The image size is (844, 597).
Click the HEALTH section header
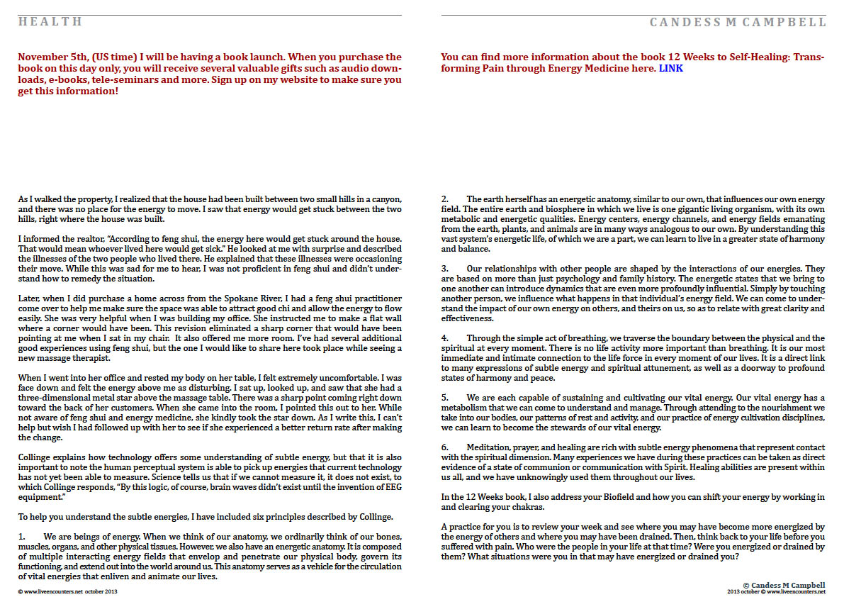pos(50,22)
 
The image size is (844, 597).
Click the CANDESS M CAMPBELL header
pos(738,23)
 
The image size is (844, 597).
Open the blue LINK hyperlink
pos(671,69)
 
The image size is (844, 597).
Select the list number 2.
pos(444,200)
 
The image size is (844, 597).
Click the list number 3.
pos(444,269)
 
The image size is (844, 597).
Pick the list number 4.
pos(444,338)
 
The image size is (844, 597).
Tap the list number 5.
pos(444,398)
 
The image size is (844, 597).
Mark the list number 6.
pos(444,447)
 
